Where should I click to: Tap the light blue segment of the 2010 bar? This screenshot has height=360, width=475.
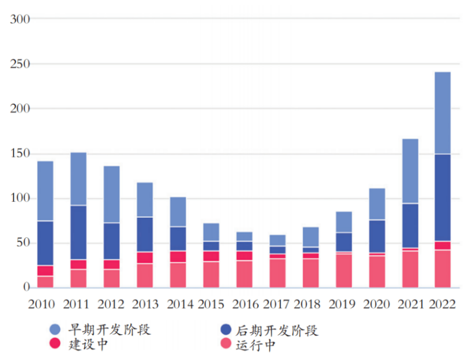[46, 191]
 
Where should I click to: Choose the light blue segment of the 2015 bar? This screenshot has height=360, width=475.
[211, 232]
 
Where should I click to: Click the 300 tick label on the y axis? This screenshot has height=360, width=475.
[20, 19]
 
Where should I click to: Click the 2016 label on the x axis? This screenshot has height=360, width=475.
[244, 305]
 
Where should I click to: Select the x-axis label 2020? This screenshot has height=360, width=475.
[376, 305]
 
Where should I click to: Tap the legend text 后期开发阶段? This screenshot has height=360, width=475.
[277, 330]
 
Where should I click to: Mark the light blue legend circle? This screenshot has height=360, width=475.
[56, 329]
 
